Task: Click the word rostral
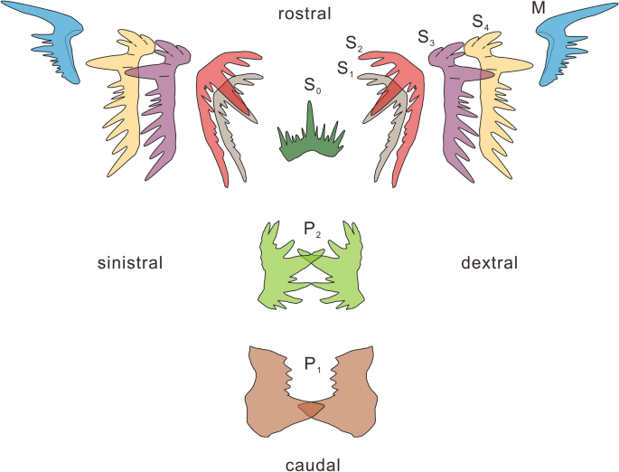pos(306,13)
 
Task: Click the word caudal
pos(309,465)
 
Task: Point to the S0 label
pos(311,89)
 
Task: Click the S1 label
pos(344,68)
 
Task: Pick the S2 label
pos(353,42)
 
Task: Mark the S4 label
pos(480,21)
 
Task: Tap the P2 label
pos(310,233)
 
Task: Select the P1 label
pos(310,365)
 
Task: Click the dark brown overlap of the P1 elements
pos(310,410)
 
